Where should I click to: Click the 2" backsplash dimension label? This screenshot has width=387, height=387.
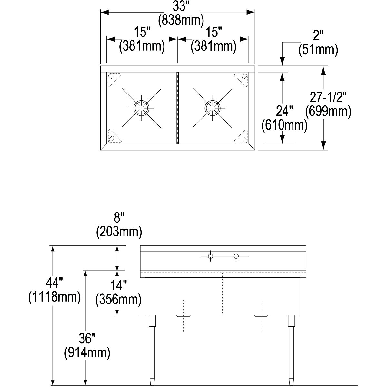(x=318, y=35)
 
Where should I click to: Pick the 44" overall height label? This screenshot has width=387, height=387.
(x=54, y=283)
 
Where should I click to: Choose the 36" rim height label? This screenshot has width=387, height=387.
(x=87, y=338)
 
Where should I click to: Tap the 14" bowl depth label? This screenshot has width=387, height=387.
(x=118, y=286)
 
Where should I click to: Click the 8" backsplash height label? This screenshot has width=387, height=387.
(x=119, y=218)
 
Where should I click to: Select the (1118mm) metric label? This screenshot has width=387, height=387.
(x=55, y=297)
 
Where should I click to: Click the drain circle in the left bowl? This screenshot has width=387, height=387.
(x=141, y=108)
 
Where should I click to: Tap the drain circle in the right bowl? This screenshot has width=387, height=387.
(x=213, y=108)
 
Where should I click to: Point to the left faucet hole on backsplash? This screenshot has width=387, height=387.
(x=210, y=256)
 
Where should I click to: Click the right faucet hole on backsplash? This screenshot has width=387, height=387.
(x=236, y=256)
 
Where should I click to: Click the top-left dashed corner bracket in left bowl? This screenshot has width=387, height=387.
(x=114, y=80)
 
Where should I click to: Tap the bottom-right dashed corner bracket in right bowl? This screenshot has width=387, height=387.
(x=241, y=136)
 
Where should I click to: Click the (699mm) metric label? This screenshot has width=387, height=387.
(x=328, y=111)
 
